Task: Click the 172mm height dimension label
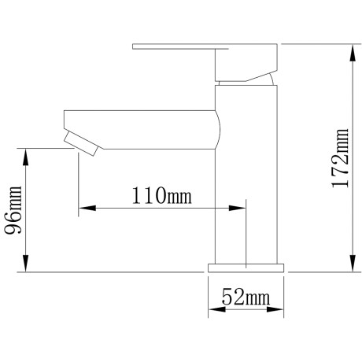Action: tap(341, 158)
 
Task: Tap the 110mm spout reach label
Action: tap(161, 196)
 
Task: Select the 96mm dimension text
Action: tap(13, 210)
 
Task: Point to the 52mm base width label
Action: tap(246, 297)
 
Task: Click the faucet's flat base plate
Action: tap(246, 268)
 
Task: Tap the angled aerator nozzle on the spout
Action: tap(81, 143)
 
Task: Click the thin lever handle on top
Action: tap(180, 46)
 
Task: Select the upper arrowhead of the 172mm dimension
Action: tap(353, 54)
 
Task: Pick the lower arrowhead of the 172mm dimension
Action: tap(353, 263)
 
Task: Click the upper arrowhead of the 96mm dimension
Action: tap(25, 157)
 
